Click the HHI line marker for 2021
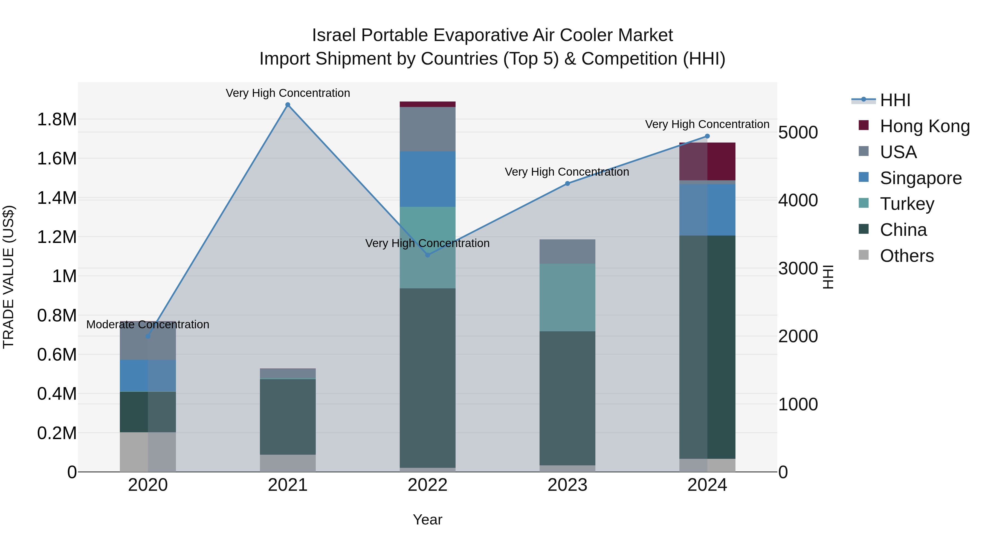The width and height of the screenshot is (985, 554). point(288,105)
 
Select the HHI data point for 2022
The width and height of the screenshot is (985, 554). point(427,255)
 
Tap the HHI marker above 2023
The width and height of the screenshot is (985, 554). point(567,184)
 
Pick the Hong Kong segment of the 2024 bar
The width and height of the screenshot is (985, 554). point(707,161)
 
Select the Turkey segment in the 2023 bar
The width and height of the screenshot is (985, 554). point(567,297)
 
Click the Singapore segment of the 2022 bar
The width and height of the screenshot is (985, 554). point(427,179)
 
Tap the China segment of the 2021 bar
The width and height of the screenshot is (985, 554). point(288,417)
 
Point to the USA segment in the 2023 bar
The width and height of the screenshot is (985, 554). point(567,252)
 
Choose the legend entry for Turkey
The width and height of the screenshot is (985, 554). point(907,204)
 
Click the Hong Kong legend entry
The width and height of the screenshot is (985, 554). point(924,126)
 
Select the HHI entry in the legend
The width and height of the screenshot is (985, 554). point(895,100)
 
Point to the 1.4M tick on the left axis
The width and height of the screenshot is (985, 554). point(57,198)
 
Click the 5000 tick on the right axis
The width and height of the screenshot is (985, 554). point(798,133)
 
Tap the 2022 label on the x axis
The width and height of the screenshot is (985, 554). point(427,485)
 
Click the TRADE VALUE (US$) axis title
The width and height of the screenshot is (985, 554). point(8,277)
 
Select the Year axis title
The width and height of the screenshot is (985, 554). point(427,520)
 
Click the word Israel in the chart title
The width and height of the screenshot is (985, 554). point(334,35)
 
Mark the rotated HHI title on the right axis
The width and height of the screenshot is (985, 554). point(828,277)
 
